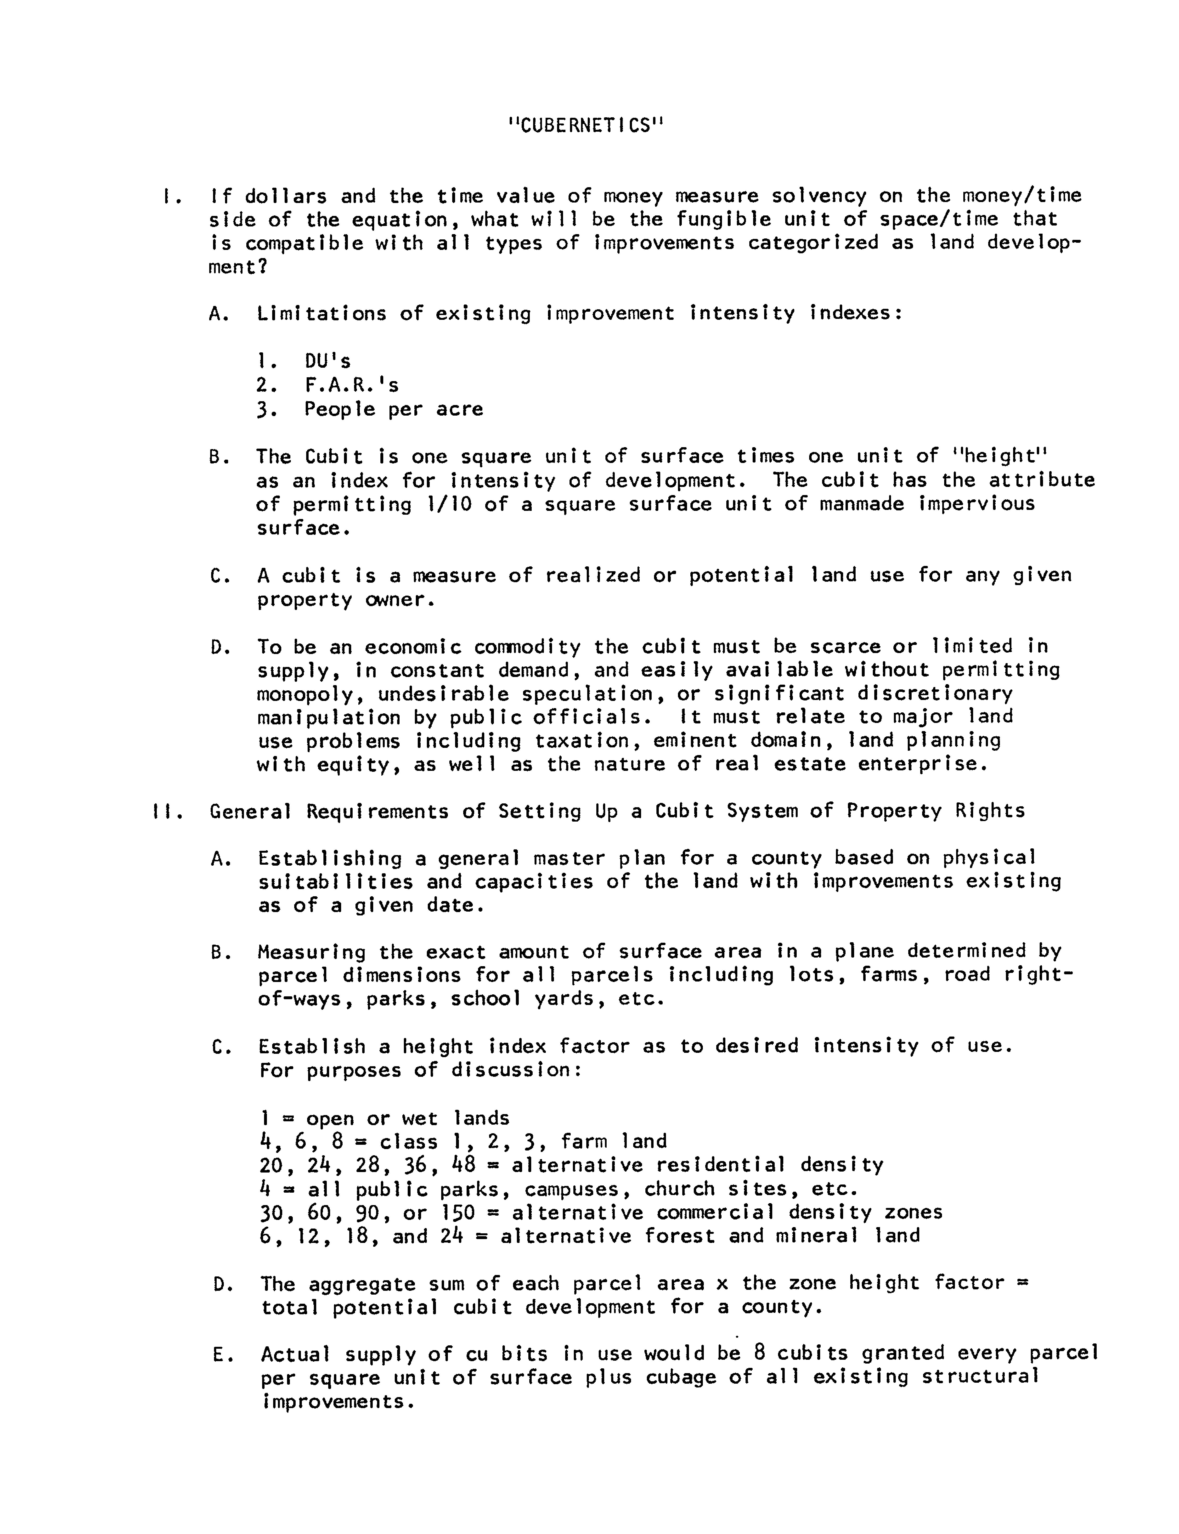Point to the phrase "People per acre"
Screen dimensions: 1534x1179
coord(394,409)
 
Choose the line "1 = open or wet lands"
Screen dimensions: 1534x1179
coord(384,1119)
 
